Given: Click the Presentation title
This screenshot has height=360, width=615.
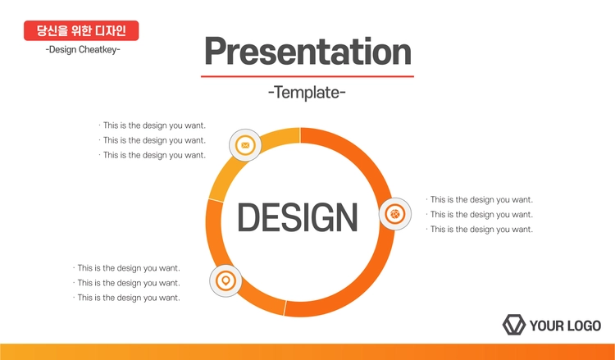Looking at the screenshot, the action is click(x=307, y=52).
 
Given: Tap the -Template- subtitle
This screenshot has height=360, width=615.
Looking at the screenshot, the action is click(x=307, y=93).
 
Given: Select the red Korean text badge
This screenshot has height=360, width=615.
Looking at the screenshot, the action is click(x=81, y=30).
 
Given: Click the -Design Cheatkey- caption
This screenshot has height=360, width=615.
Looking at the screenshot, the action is click(x=83, y=50).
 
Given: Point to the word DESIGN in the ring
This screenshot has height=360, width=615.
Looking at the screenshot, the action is click(x=298, y=217).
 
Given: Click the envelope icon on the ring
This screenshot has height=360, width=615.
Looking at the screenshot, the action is click(x=245, y=145).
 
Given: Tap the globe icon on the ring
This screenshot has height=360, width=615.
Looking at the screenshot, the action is click(x=395, y=214).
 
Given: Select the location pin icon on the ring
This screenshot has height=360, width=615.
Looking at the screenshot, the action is click(x=225, y=280).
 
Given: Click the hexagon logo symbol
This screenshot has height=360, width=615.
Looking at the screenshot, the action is click(x=514, y=325).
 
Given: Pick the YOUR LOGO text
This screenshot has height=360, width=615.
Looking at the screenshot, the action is click(x=565, y=326).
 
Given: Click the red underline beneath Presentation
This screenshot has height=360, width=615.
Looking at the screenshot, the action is click(x=307, y=76).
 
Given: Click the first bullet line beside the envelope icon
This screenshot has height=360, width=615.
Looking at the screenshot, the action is click(x=153, y=125).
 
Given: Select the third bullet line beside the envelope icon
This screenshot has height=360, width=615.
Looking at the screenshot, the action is click(x=153, y=155).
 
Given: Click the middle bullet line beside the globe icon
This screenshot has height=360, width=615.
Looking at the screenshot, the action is click(x=480, y=215).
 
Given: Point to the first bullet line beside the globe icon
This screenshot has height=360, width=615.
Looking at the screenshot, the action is click(x=480, y=199).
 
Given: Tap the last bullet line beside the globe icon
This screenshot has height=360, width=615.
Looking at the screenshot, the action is click(x=480, y=230).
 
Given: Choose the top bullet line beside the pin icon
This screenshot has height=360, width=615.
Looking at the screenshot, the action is click(x=126, y=268).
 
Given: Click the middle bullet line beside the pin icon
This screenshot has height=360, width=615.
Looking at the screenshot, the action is click(x=126, y=283).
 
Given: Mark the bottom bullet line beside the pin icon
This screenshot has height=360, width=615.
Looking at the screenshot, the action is click(x=126, y=298).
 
